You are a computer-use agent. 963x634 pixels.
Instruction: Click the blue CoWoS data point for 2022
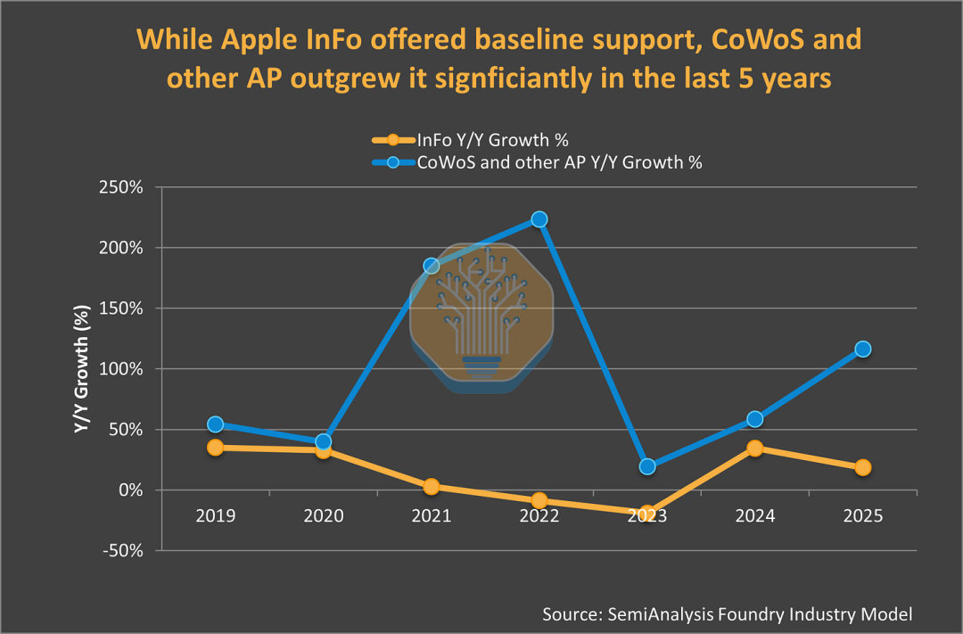tap(539, 219)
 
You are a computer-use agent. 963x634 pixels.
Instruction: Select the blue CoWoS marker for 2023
tap(647, 466)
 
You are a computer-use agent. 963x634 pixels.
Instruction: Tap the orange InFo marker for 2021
tap(432, 487)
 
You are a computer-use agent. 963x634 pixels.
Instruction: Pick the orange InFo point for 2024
tap(755, 449)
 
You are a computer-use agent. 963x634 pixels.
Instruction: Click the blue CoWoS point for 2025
tap(863, 349)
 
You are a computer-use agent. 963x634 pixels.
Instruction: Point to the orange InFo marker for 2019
tap(215, 448)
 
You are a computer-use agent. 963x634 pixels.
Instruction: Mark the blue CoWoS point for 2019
tap(215, 424)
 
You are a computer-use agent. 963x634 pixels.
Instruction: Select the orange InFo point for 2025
tap(863, 467)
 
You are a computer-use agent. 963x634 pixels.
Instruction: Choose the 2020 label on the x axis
tap(323, 516)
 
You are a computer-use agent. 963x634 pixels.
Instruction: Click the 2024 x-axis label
tap(755, 516)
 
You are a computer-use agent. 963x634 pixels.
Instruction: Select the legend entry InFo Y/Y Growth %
tap(492, 140)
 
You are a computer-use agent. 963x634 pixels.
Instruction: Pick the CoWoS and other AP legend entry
tap(560, 162)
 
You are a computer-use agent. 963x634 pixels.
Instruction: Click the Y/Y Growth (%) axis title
tap(81, 369)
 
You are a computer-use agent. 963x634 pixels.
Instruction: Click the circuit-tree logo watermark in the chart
tap(481, 317)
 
